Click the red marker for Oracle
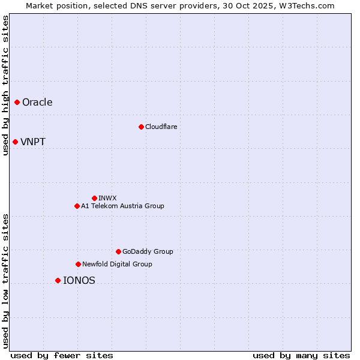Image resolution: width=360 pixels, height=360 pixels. (17, 102)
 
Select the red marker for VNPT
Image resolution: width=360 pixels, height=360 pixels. (15, 142)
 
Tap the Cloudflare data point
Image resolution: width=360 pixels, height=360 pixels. (141, 127)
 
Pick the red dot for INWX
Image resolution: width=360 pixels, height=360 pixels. (94, 198)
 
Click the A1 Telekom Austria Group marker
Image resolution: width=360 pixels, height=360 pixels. (77, 206)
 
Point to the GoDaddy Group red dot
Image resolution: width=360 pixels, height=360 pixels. (118, 251)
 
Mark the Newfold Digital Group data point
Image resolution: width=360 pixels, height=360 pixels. (78, 264)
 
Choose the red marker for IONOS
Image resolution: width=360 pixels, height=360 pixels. (58, 280)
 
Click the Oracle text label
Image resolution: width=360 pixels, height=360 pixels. (37, 102)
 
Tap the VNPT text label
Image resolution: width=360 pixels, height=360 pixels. (33, 142)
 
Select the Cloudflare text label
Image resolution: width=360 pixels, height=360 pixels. (161, 127)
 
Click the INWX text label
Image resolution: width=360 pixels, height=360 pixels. (107, 198)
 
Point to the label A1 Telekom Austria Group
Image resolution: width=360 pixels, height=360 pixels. (122, 206)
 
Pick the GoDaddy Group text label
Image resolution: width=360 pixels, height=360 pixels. (148, 251)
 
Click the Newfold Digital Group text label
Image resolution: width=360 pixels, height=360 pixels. (117, 264)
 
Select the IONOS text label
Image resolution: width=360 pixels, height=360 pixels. (79, 280)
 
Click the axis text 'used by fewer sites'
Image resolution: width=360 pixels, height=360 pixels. (62, 355)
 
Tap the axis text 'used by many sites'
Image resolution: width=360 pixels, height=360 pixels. (301, 355)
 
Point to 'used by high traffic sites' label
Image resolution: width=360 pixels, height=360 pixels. (6, 85)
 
